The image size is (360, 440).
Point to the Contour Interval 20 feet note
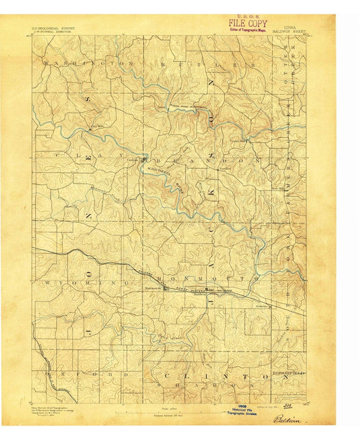178,413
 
